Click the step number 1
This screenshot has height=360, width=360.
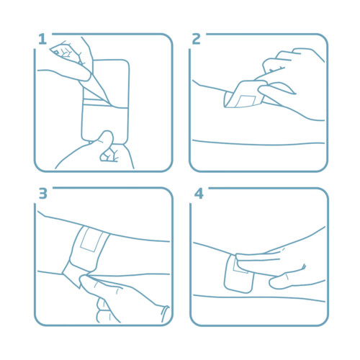(42, 39)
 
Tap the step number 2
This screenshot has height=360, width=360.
(196, 39)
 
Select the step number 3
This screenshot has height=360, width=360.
(43, 194)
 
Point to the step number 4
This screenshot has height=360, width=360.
(199, 194)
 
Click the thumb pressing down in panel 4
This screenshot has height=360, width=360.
(286, 279)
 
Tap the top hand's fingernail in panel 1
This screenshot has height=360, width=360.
(55, 51)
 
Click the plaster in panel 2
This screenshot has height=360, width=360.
(243, 95)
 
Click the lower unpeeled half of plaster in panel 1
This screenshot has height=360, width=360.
(104, 124)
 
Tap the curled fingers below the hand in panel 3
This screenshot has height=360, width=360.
(106, 311)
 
